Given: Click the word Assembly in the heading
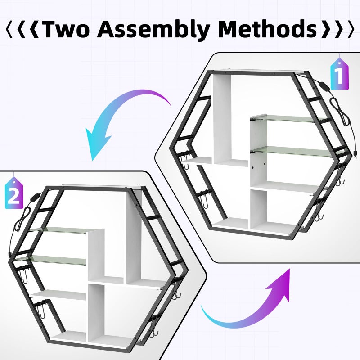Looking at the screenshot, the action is tap(153, 29).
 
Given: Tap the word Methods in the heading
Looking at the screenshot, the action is tap(267, 29).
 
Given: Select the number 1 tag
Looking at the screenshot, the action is tap(339, 73).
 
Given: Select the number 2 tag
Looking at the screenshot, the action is tap(14, 193).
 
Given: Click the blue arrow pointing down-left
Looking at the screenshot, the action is tap(119, 115).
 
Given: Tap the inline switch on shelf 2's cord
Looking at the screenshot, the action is tap(34, 198).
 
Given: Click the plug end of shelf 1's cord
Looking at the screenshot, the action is tap(355, 153).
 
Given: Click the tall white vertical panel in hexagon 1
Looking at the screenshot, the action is tap(222, 118).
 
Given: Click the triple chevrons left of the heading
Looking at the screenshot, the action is tap(22, 29).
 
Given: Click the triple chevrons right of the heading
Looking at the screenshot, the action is tap(338, 29).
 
